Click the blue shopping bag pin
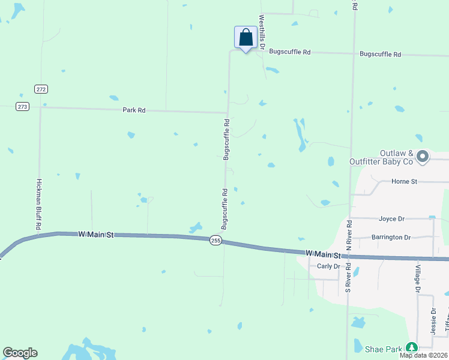(x=246, y=38)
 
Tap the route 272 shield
(x=41, y=89)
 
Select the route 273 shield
(x=22, y=106)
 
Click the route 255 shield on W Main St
(x=216, y=240)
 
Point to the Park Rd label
(x=134, y=110)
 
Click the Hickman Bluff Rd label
(x=38, y=204)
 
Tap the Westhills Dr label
(x=262, y=32)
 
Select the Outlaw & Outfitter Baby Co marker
(x=423, y=157)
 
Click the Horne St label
(x=404, y=181)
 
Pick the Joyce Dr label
(x=391, y=219)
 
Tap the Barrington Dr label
(x=391, y=237)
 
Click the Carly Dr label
(x=328, y=266)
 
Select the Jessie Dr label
(x=433, y=320)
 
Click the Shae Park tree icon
(x=411, y=347)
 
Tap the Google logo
(x=20, y=353)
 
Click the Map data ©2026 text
(x=423, y=355)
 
